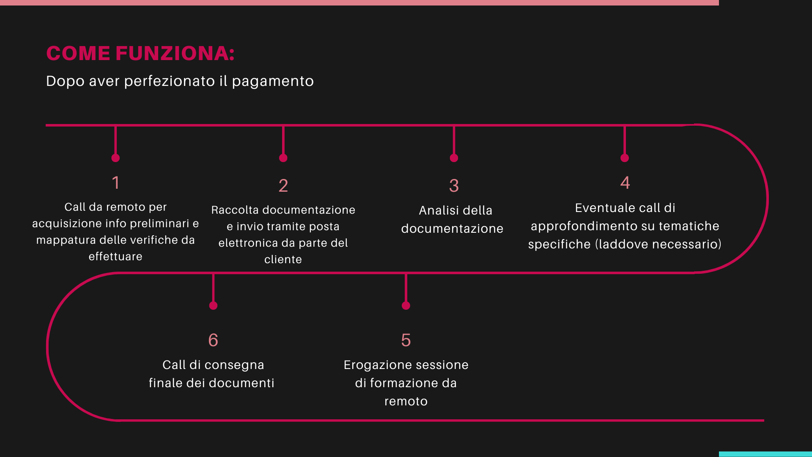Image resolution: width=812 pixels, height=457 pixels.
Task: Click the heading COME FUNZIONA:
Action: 140,53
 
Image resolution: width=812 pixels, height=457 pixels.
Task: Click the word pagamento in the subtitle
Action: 273,82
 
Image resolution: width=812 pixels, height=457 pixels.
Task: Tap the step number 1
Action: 115,183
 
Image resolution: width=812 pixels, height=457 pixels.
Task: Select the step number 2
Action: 283,186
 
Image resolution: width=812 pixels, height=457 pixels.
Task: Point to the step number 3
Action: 454,186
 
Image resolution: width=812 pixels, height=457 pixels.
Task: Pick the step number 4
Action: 625,183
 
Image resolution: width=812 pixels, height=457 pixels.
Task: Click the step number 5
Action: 406,340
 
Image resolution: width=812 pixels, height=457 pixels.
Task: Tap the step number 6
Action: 213,340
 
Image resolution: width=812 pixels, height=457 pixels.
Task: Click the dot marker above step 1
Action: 115,158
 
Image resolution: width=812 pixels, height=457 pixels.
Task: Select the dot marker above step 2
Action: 283,158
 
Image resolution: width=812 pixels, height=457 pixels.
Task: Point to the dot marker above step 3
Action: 454,158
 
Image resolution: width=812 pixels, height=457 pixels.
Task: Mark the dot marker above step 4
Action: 625,158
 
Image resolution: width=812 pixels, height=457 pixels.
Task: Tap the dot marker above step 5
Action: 406,306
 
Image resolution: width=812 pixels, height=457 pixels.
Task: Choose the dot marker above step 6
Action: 213,306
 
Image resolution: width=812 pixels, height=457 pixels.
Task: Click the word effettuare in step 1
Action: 115,256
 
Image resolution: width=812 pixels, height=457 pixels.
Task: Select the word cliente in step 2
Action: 283,259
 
